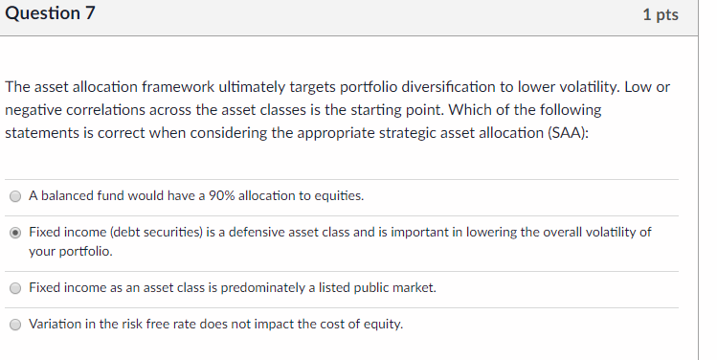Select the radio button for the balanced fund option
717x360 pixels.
[x=15, y=196]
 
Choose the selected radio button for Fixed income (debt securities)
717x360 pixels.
[x=15, y=233]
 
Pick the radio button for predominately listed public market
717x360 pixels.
[x=15, y=288]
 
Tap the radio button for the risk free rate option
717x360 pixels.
[x=15, y=325]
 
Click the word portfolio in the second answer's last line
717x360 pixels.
[x=84, y=252]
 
